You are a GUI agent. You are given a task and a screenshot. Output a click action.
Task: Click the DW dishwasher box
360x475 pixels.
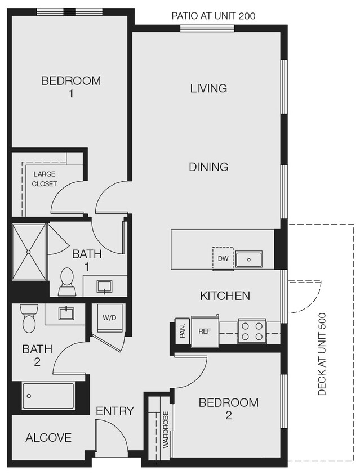(223, 258)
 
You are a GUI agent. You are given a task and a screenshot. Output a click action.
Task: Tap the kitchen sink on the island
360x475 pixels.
(248, 259)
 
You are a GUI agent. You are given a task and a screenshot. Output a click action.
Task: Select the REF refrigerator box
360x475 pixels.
(204, 331)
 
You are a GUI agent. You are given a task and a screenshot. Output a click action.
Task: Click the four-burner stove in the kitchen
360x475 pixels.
(252, 330)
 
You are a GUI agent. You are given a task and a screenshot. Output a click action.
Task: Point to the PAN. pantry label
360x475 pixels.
(183, 330)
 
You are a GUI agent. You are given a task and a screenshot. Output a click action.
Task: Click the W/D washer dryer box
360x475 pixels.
(109, 317)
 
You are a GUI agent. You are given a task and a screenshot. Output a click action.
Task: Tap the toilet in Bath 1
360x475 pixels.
(66, 281)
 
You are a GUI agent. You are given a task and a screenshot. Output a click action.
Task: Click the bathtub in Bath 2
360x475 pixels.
(48, 396)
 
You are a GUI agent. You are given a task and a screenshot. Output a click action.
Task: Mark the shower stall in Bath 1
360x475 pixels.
(28, 252)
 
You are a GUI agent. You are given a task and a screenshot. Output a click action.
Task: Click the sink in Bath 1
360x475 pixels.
(105, 286)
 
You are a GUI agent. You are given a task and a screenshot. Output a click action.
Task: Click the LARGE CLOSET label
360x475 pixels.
(44, 179)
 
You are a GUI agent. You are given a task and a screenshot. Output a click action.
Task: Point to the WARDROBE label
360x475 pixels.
(166, 429)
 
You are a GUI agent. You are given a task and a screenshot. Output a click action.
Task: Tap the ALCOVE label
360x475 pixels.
(48, 437)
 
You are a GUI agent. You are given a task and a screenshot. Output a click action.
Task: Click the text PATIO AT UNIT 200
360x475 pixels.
(213, 16)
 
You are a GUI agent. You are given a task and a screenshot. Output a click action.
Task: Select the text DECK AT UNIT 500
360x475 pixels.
(322, 354)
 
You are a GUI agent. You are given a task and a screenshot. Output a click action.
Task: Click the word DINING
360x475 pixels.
(208, 167)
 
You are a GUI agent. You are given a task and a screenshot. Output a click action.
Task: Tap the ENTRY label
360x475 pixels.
(115, 411)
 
